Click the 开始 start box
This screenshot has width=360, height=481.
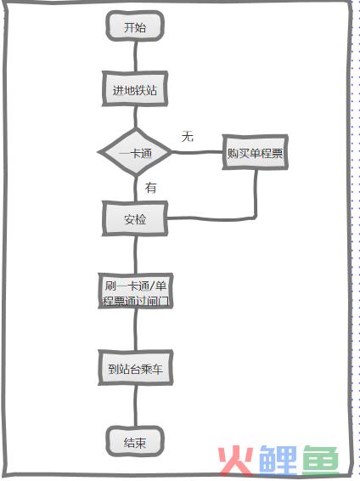coord(135,26)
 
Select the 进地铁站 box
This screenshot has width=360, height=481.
coord(135,89)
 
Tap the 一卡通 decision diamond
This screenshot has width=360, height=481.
coord(135,152)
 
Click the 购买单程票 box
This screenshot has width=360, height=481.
coord(255,152)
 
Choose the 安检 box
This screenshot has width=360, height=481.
coord(135,218)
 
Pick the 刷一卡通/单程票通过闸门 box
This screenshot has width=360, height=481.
coord(135,291)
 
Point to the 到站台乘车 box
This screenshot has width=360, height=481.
coord(135,368)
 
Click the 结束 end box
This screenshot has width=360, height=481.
coord(135,441)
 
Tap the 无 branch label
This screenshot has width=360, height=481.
coord(188,136)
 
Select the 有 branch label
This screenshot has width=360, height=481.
coord(151,188)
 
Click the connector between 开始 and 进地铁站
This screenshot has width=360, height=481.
coord(135,56)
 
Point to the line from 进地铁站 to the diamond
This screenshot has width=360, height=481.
coord(135,118)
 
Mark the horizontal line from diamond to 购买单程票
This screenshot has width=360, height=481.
coord(197,152)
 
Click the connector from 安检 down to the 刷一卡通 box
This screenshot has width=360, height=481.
coord(135,255)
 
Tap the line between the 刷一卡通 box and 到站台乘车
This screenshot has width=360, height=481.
coord(135,329)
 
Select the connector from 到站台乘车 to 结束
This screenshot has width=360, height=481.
coord(135,406)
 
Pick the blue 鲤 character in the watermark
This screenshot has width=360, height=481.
coord(278,461)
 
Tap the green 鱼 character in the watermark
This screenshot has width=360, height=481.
coord(320,461)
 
